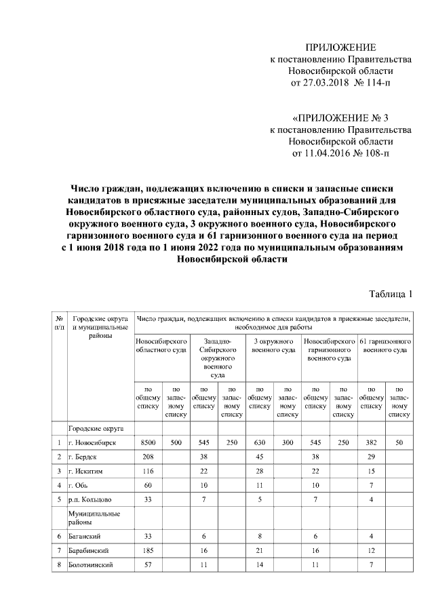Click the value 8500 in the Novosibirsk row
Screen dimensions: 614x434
point(148,442)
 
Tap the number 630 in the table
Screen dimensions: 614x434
point(260,442)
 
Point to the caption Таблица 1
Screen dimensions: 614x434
point(391,294)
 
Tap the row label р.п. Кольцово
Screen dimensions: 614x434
point(88,499)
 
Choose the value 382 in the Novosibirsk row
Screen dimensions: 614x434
point(371,442)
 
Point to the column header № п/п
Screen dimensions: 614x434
point(60,322)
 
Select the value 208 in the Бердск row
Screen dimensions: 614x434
point(148,457)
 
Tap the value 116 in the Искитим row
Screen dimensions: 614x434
point(148,471)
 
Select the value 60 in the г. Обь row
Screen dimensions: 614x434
point(148,485)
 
